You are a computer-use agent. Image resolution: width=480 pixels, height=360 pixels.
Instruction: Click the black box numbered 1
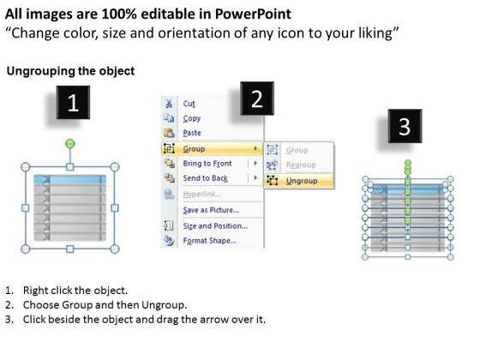click(73, 102)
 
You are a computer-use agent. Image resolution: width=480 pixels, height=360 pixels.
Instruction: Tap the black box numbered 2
click(257, 99)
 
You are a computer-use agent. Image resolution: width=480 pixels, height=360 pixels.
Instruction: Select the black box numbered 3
click(405, 126)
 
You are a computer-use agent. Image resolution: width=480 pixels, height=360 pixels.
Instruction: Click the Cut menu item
click(189, 104)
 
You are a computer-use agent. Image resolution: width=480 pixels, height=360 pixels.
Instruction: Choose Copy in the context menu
click(192, 118)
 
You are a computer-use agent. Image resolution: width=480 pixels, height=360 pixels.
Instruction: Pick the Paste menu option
click(192, 133)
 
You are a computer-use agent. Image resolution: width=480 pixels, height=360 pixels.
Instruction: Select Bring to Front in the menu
click(207, 164)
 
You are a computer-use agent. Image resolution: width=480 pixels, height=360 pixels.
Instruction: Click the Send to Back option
click(206, 178)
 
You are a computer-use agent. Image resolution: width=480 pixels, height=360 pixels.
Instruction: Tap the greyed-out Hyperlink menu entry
click(202, 194)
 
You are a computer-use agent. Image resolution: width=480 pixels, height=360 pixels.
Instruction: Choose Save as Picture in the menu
click(211, 210)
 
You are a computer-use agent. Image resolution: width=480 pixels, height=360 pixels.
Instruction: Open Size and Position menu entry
click(215, 226)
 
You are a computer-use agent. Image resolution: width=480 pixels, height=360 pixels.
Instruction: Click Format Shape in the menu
click(210, 241)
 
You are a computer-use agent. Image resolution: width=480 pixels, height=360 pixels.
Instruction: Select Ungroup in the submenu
click(302, 181)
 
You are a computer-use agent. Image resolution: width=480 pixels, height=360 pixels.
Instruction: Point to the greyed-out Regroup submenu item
click(301, 165)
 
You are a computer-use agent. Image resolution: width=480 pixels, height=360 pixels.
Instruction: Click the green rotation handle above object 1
click(70, 143)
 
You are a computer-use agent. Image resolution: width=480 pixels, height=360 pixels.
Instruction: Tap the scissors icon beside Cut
click(169, 103)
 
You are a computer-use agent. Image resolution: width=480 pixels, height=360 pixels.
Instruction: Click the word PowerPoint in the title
click(253, 14)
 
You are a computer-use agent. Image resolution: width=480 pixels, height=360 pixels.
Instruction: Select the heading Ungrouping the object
click(70, 71)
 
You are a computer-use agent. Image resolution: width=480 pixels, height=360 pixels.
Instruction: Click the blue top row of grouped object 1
click(70, 179)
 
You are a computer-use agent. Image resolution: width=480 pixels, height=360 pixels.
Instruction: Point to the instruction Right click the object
click(75, 291)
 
